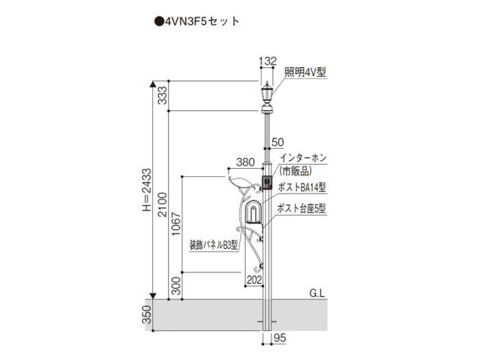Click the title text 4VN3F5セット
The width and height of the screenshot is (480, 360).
197,21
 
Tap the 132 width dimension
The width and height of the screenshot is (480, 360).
267,61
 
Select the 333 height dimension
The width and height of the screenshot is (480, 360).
163,95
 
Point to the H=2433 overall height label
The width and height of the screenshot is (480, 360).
147,190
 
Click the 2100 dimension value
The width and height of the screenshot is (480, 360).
163,204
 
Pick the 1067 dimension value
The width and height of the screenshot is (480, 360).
176,224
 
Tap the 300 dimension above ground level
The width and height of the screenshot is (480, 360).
176,286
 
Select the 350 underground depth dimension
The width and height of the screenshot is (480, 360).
147,314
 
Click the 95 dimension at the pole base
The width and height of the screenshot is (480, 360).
280,337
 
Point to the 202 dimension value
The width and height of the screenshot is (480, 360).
254,280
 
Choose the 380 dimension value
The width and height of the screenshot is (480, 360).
245,162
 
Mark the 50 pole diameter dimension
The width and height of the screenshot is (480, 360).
278,142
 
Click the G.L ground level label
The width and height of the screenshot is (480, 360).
317,293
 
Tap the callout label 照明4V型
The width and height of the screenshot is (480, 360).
305,72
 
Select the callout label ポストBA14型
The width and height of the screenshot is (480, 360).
302,187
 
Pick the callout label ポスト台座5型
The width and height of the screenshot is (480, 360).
302,208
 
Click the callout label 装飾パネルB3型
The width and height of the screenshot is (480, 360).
213,245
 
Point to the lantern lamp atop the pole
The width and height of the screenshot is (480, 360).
267,97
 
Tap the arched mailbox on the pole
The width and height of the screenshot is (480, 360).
254,212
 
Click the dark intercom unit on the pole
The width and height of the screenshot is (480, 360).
267,183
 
